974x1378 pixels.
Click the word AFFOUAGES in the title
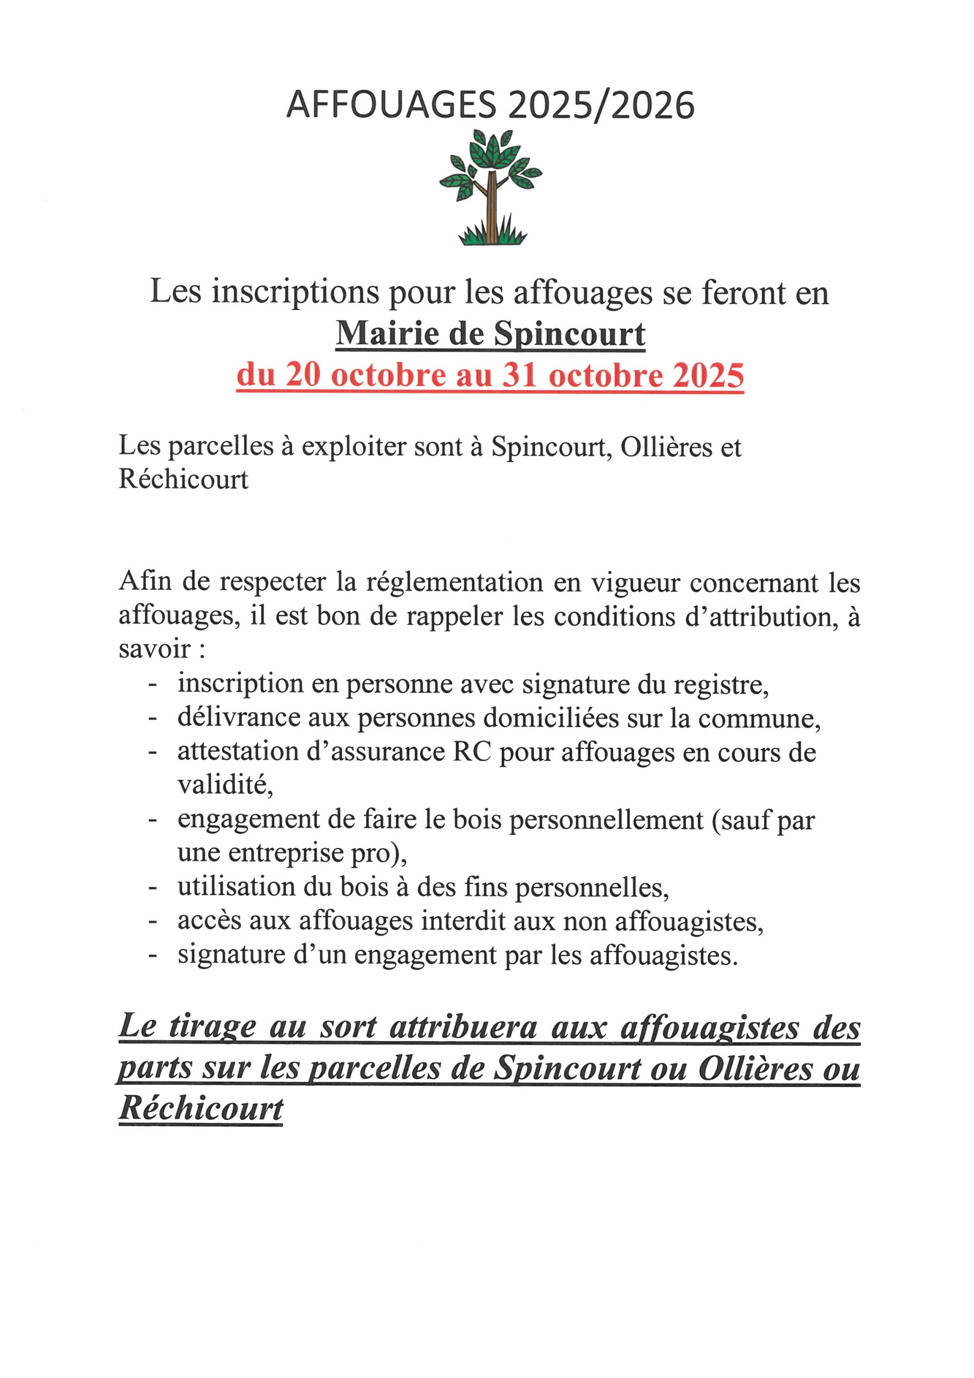pyautogui.click(x=391, y=106)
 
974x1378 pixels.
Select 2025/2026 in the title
pyautogui.click(x=601, y=106)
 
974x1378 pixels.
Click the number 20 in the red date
pyautogui.click(x=303, y=375)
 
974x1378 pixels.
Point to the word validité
pyautogui.click(x=225, y=785)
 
